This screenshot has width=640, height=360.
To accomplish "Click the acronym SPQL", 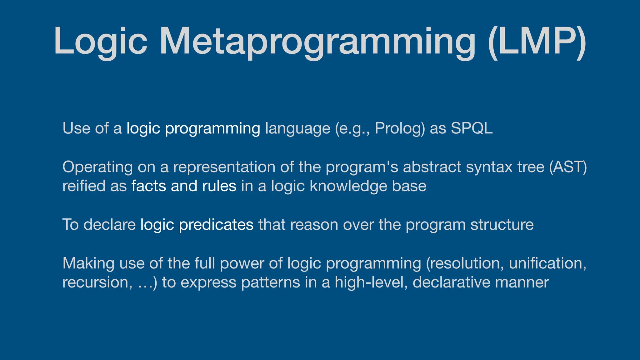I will coord(472,128).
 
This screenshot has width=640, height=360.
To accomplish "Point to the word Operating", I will coord(97,167).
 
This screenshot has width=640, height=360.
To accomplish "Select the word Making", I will coord(88,263).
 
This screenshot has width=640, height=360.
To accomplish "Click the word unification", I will coord(547,263).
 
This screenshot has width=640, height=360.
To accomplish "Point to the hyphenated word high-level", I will coord(371,282).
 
